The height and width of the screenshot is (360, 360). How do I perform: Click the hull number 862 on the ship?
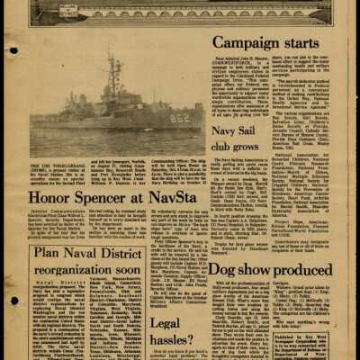[x=181, y=117]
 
